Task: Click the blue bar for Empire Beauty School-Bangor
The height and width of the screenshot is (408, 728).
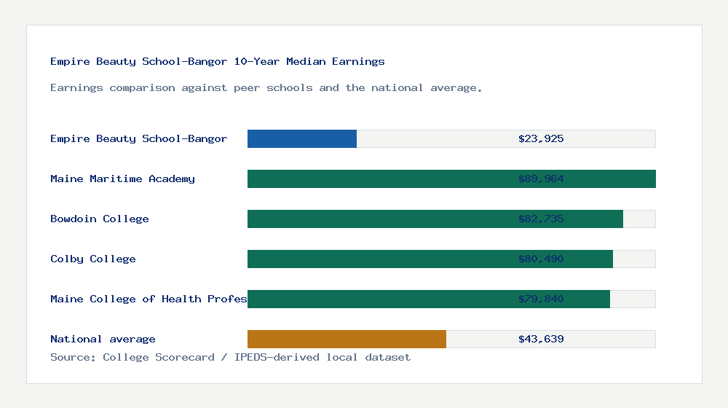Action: [x=302, y=138]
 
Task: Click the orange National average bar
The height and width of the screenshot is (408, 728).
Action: [x=347, y=339]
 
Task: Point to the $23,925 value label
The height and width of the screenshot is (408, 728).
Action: [x=541, y=138]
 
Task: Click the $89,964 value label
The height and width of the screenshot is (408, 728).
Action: [x=541, y=178]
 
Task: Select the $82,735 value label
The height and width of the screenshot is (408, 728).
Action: [x=541, y=219]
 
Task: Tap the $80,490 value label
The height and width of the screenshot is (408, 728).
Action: [x=541, y=259]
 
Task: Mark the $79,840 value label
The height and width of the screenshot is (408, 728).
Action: [x=541, y=299]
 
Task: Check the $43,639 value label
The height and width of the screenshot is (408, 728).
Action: [x=541, y=339]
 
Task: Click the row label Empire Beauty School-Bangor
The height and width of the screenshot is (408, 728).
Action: [x=138, y=138]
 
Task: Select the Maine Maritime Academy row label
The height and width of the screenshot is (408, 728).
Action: [x=122, y=178]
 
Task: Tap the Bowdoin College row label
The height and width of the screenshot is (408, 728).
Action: [x=99, y=219]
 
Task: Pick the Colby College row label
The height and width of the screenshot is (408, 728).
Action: [x=92, y=259]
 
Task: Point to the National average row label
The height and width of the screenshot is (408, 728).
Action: [x=103, y=339]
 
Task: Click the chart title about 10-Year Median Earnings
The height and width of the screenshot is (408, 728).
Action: [x=217, y=61]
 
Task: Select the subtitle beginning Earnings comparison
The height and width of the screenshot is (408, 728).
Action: [x=266, y=87]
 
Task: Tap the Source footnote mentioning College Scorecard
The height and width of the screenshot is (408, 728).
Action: [x=230, y=357]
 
